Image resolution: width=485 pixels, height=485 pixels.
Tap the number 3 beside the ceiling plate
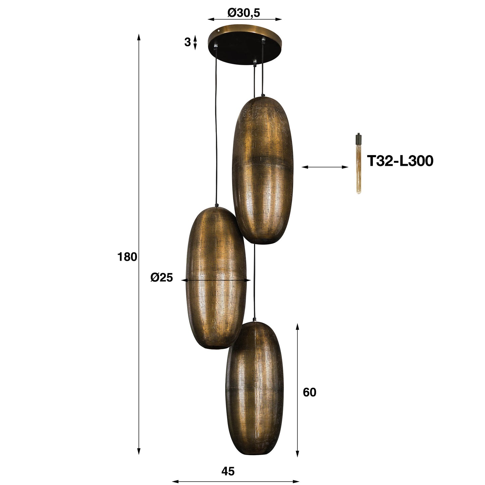coord(187,42)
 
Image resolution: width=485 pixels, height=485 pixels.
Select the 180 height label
coord(127,257)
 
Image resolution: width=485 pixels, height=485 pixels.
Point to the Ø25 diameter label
coord(161,278)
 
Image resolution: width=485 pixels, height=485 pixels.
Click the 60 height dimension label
coord(309,392)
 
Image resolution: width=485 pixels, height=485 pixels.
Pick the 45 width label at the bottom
coord(228,471)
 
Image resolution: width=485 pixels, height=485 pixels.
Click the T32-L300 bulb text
coord(400,161)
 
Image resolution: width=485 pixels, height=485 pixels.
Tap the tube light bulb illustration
coord(358,164)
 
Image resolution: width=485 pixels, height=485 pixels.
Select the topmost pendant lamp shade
coord(263,169)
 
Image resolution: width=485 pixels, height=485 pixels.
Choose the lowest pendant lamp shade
coord(255,389)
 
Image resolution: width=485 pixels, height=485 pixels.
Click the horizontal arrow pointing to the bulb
coord(325,167)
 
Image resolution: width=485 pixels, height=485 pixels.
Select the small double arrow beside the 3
coord(196,43)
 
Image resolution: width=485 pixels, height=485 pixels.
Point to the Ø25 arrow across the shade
coord(216,280)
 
